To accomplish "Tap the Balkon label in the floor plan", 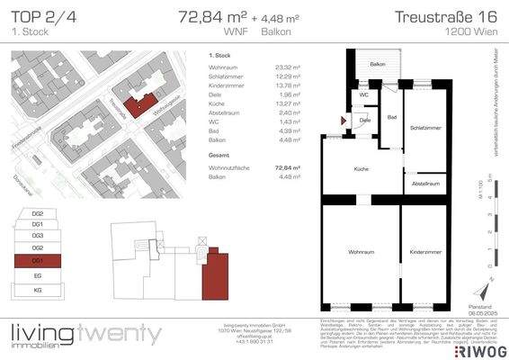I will (x=378, y=64).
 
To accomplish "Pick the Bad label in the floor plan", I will (x=392, y=117).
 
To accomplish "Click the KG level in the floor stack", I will (x=38, y=289).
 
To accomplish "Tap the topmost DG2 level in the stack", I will (x=38, y=213).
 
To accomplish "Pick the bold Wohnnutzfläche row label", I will (x=229, y=167).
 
